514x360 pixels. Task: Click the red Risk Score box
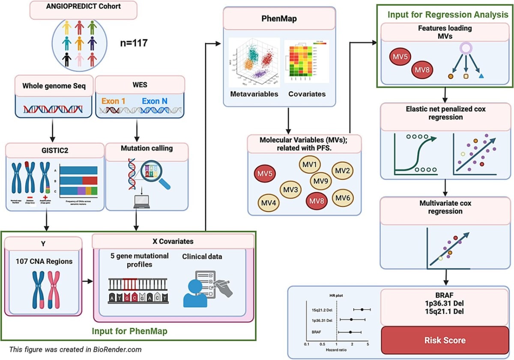tap(445, 340)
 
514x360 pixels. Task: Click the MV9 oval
tap(321, 180)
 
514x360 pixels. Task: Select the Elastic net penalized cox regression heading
tap(446, 113)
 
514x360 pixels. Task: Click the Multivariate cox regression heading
tap(445, 207)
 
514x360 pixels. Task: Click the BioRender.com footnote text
tap(75, 349)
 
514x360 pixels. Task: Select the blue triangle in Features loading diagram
tap(481, 76)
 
